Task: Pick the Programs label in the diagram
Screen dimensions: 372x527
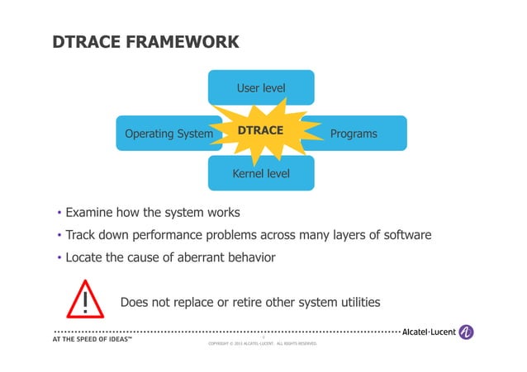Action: coord(353,134)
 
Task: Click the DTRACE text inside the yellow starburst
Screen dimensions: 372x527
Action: coord(260,131)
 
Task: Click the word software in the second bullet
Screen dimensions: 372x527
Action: coord(404,235)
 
